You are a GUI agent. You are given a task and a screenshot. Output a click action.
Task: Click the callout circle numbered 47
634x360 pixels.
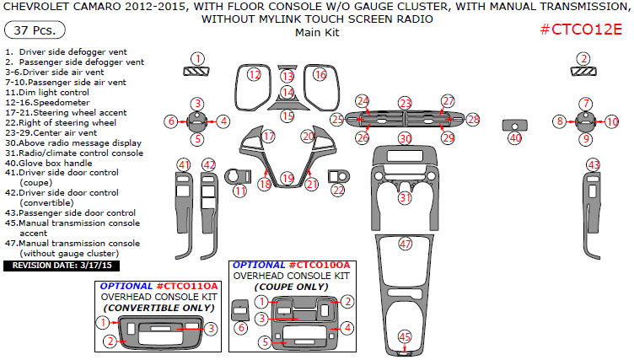(x=406, y=244)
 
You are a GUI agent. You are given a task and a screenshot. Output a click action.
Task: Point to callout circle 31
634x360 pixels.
(x=406, y=197)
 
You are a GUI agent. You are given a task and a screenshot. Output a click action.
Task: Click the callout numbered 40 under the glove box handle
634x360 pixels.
(x=515, y=137)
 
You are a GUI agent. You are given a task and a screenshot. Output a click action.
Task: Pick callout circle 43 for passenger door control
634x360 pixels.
(x=594, y=164)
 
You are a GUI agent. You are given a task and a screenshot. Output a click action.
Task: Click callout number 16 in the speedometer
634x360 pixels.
(x=320, y=75)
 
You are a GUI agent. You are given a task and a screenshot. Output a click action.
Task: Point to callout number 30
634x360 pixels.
(x=406, y=138)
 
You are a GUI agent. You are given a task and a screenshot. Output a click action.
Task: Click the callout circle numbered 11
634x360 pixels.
(x=240, y=191)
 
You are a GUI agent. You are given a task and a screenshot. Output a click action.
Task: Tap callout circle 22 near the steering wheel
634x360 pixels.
(x=338, y=191)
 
